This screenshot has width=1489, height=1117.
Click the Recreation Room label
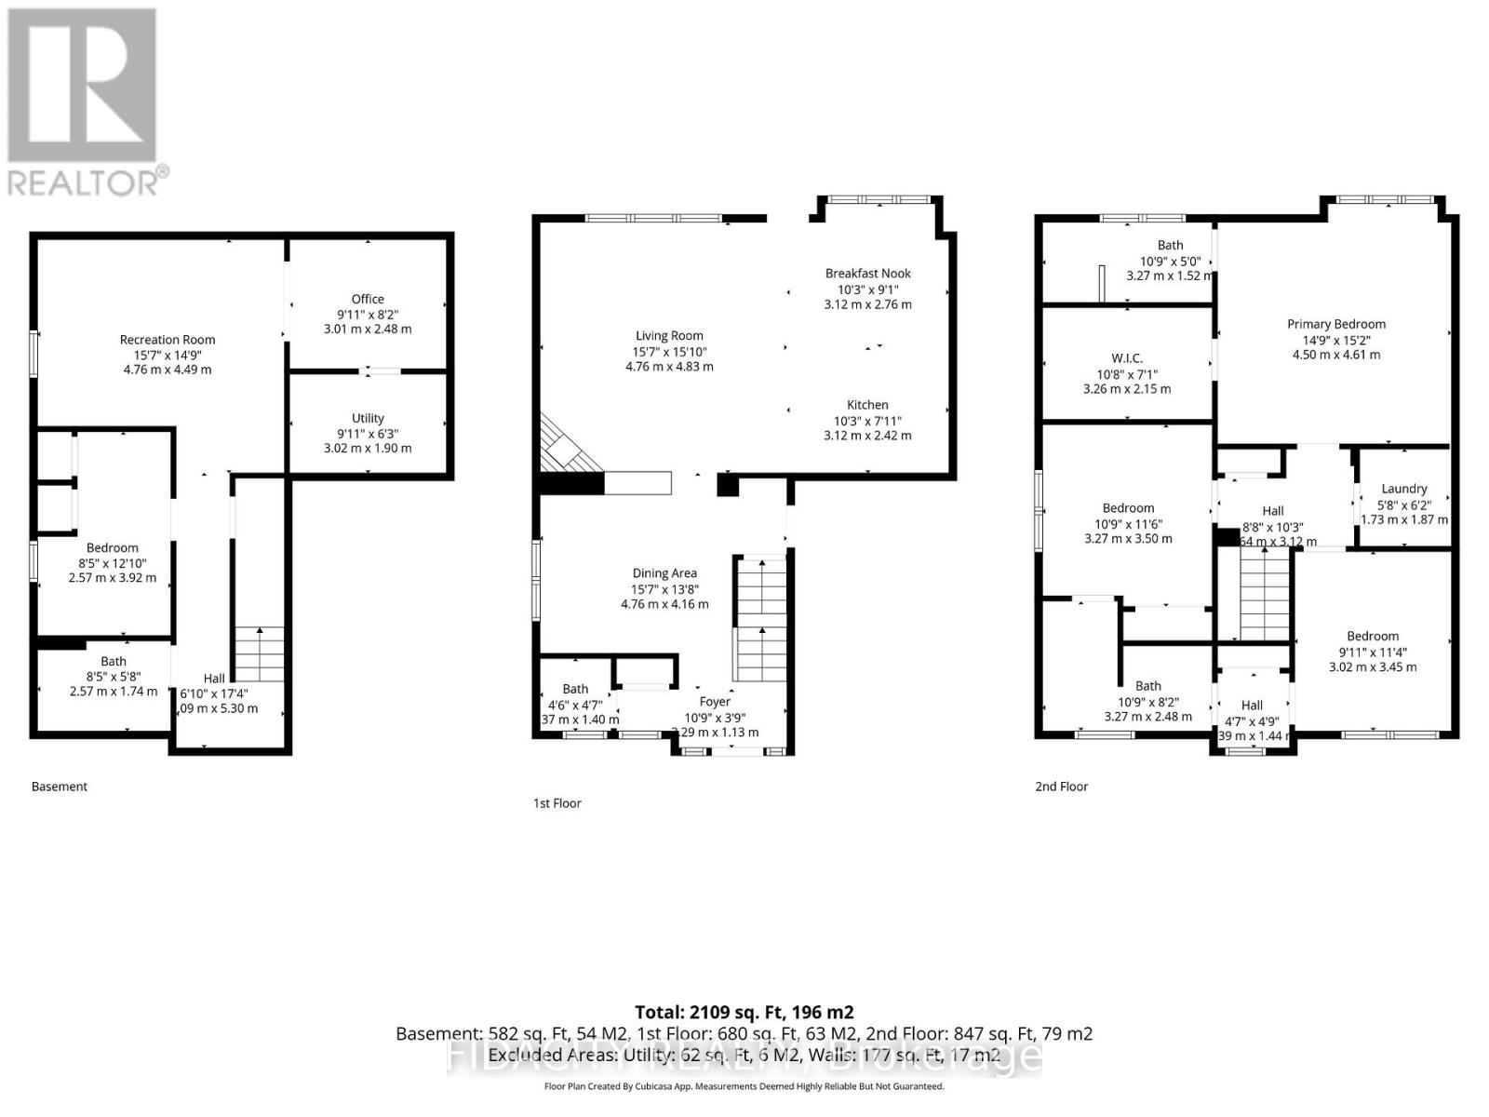(168, 340)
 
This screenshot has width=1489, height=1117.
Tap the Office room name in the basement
(368, 299)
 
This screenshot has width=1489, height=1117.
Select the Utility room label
(368, 418)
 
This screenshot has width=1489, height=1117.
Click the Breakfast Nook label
(867, 273)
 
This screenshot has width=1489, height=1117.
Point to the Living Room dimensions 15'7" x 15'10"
(669, 352)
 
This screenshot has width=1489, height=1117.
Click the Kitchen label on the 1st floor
(867, 405)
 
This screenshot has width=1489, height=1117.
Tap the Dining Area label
(664, 573)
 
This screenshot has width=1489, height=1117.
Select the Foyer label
(715, 702)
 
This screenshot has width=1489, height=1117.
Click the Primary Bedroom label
(1336, 324)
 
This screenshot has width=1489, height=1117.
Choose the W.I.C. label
(1127, 358)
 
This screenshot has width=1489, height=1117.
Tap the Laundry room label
(1403, 488)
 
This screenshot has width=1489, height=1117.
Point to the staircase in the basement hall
(258, 654)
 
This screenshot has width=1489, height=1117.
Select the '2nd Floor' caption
(1061, 787)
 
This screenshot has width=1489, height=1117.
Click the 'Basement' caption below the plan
(60, 787)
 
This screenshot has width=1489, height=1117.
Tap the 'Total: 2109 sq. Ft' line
(744, 1012)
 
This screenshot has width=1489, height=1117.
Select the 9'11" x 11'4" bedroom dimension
(1373, 652)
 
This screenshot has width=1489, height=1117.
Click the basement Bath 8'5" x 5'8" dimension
(114, 677)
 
